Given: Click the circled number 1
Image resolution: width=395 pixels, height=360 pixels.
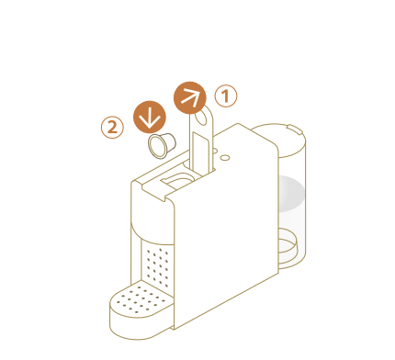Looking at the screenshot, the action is [x=226, y=96].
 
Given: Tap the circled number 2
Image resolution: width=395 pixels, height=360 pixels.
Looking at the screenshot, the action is [x=112, y=127].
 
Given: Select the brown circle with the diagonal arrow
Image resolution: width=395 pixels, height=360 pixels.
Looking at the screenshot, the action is [x=190, y=97].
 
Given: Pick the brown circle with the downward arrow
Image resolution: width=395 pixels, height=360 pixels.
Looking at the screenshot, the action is [x=150, y=117].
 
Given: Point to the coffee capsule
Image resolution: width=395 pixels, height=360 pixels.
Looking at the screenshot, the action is [x=162, y=145].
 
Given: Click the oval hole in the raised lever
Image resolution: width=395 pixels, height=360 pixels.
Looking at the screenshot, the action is [x=201, y=118].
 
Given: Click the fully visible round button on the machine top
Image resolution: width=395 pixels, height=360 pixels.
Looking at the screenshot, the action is [x=225, y=157].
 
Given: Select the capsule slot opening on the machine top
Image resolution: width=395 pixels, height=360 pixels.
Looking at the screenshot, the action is [x=177, y=180].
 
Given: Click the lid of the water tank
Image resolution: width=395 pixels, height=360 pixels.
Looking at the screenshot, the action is [x=278, y=140].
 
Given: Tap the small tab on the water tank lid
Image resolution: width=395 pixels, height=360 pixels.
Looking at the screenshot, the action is [x=295, y=129].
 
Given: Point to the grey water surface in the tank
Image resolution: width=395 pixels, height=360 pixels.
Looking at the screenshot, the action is [x=291, y=194].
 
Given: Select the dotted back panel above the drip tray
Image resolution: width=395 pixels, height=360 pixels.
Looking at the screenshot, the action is [x=158, y=266].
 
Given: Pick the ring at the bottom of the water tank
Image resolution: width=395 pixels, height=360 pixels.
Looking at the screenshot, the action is [x=288, y=242].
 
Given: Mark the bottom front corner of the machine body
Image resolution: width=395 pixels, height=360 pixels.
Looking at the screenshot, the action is [x=174, y=330].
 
